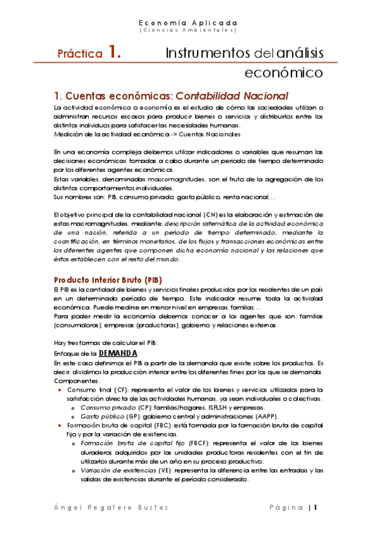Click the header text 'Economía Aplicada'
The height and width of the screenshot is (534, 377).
point(188,21)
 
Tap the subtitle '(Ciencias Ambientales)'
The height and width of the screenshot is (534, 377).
point(188,30)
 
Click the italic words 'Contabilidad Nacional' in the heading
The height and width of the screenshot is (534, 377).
point(232,96)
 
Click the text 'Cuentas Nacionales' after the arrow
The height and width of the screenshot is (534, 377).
point(209,134)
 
